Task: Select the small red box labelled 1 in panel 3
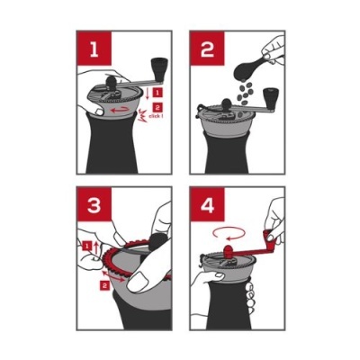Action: tap(86, 245)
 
